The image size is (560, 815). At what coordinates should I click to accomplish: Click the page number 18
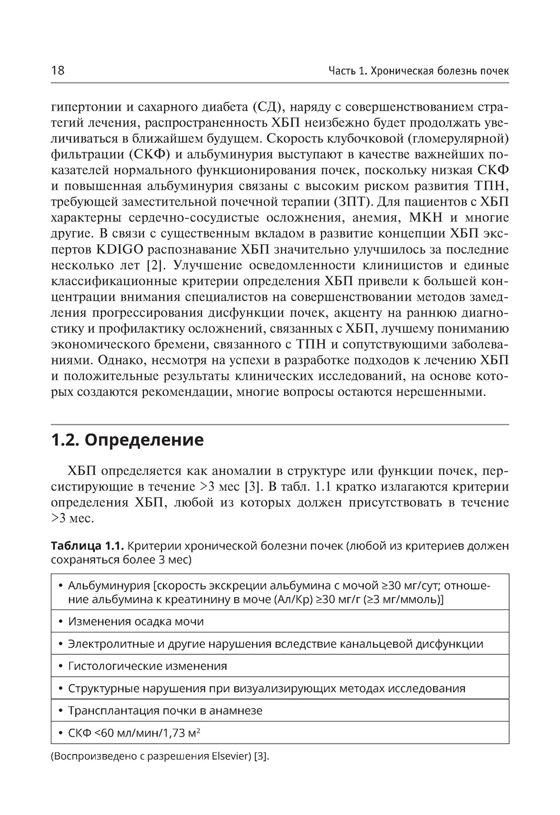[x=58, y=71]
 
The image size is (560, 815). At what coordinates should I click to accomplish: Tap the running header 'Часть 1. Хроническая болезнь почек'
[x=418, y=71]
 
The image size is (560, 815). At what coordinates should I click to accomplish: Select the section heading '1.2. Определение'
[x=127, y=440]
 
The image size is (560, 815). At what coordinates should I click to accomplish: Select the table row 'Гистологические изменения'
[x=147, y=666]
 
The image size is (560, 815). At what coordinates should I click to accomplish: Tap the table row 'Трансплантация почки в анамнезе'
[x=165, y=711]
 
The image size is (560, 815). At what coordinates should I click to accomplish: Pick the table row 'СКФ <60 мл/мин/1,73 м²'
[x=134, y=733]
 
